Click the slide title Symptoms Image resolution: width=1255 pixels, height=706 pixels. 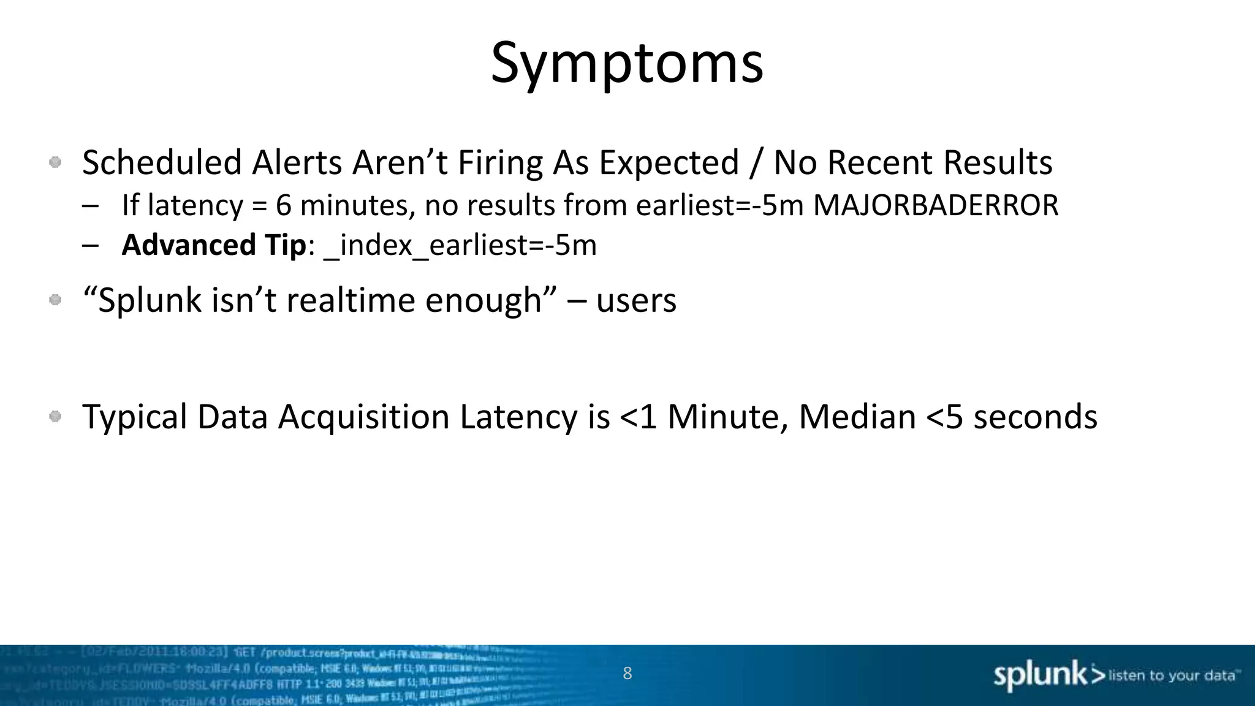pyautogui.click(x=627, y=63)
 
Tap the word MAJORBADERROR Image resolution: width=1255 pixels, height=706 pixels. pyautogui.click(x=936, y=205)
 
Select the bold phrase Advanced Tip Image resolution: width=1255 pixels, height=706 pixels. pyautogui.click(x=214, y=245)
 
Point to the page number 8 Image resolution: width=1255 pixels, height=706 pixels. pyautogui.click(x=627, y=673)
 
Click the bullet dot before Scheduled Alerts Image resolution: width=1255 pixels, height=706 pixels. pyautogui.click(x=55, y=162)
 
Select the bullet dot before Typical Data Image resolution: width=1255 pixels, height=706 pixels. pyautogui.click(x=55, y=417)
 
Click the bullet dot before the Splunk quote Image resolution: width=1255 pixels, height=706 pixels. pyautogui.click(x=55, y=300)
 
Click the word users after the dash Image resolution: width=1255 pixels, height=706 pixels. pyautogui.click(x=636, y=300)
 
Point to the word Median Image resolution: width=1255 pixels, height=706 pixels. pyautogui.click(x=857, y=417)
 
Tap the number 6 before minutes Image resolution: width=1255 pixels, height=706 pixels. pyautogui.click(x=283, y=205)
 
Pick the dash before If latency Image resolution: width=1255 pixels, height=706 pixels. pyautogui.click(x=90, y=206)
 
